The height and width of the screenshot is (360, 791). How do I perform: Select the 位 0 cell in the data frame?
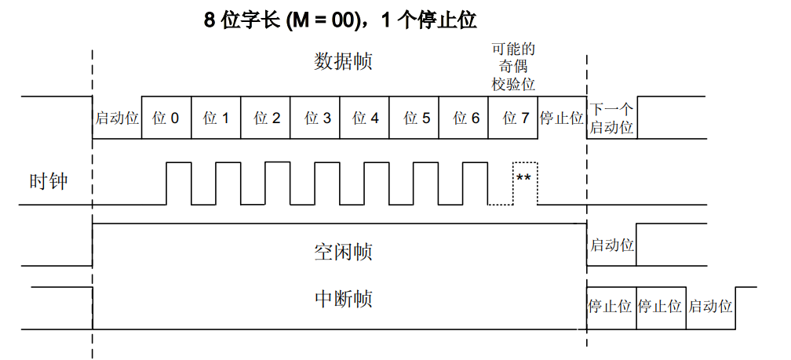click(x=166, y=118)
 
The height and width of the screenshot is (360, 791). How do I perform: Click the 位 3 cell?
click(x=315, y=118)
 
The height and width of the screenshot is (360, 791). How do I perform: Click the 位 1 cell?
click(x=216, y=118)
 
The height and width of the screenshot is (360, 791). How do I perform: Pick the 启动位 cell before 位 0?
click(x=117, y=118)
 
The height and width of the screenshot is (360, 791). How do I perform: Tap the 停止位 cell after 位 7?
click(x=562, y=118)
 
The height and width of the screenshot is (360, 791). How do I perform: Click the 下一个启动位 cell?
click(x=611, y=118)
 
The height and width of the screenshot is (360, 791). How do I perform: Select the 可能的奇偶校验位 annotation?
click(x=513, y=67)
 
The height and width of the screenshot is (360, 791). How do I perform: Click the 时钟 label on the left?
click(x=48, y=183)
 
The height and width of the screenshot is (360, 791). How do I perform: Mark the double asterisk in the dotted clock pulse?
click(x=523, y=178)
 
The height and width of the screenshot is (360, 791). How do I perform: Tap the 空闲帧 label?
click(x=343, y=252)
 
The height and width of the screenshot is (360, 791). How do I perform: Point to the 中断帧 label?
click(x=343, y=299)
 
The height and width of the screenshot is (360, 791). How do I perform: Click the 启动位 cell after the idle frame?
click(x=611, y=245)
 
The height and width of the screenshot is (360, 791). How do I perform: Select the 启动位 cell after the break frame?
click(x=710, y=307)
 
